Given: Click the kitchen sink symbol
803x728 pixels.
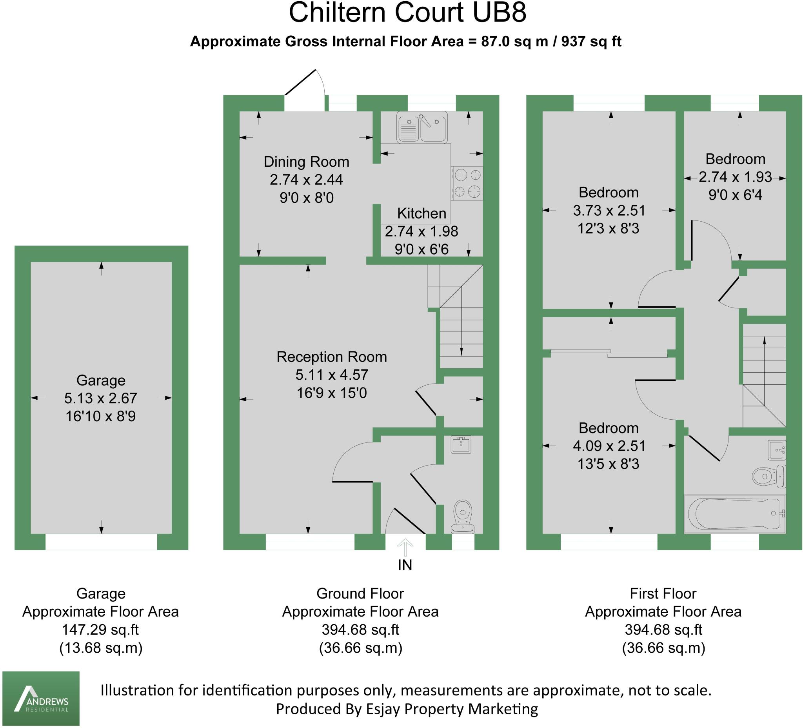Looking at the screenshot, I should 422,127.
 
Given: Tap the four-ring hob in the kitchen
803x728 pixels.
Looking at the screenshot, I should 467,183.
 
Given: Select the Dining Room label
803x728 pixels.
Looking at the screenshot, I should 306,162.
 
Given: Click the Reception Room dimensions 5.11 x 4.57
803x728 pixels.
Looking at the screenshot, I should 331,375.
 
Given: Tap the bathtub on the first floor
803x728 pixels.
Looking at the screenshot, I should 734,513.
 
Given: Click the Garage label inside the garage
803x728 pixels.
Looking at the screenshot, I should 101,380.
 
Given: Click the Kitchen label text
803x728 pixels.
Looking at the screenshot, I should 421,214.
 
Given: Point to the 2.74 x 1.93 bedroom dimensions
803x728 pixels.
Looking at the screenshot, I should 735,177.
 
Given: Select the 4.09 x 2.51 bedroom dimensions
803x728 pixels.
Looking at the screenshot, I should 609,446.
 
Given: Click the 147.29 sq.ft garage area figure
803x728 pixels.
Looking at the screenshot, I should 100,630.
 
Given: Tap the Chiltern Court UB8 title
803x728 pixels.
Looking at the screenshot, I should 407,13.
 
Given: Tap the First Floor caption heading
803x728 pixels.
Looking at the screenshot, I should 663,593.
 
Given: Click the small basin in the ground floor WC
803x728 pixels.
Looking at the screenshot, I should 461,445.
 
